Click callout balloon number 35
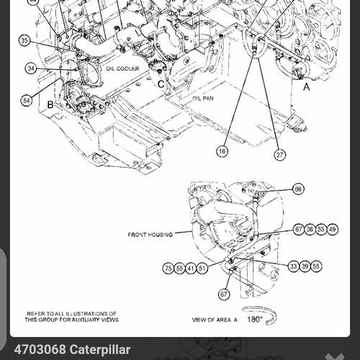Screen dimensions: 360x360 25,41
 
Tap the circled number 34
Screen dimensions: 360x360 30,68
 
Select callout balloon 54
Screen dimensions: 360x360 26,100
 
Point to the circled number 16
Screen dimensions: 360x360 222,151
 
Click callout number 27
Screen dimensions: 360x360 279,154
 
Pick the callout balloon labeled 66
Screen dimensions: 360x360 298,189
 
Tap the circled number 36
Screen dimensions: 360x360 310,229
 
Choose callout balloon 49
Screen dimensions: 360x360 332,229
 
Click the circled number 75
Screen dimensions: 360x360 168,268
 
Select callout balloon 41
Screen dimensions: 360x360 191,268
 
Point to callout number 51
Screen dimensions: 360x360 202,268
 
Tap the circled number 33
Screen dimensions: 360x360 294,266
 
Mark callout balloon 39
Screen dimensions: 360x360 305,266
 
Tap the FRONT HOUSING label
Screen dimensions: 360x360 150,235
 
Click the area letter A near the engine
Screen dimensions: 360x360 307,86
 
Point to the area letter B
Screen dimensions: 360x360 50,104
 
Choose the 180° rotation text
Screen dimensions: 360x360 255,318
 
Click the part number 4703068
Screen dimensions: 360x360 39,349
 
